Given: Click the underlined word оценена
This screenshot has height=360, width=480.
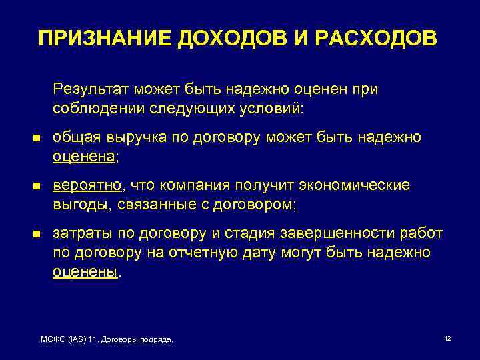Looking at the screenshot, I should (x=83, y=156).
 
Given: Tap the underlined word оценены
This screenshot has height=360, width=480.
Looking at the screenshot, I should (x=85, y=271).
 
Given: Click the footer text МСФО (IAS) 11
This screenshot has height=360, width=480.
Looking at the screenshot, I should (x=69, y=340).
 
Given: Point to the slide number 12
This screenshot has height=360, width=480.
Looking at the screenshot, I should (x=447, y=339).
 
